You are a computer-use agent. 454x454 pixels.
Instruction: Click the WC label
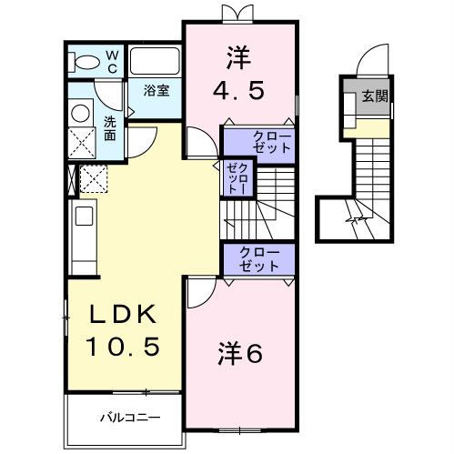[x=112, y=61]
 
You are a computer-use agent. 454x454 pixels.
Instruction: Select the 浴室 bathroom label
[x=157, y=90]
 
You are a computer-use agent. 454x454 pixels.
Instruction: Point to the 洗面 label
[x=109, y=128]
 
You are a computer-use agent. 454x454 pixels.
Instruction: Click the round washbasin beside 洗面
[x=81, y=113]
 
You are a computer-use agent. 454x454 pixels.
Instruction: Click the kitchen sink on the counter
[x=83, y=217]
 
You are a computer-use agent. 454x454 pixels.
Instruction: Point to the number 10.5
[x=124, y=346]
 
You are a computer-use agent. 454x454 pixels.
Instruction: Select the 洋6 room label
[x=239, y=352]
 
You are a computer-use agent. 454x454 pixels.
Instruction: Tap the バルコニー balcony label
[x=130, y=417]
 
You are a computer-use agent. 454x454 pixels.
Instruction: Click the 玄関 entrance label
[x=372, y=96]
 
